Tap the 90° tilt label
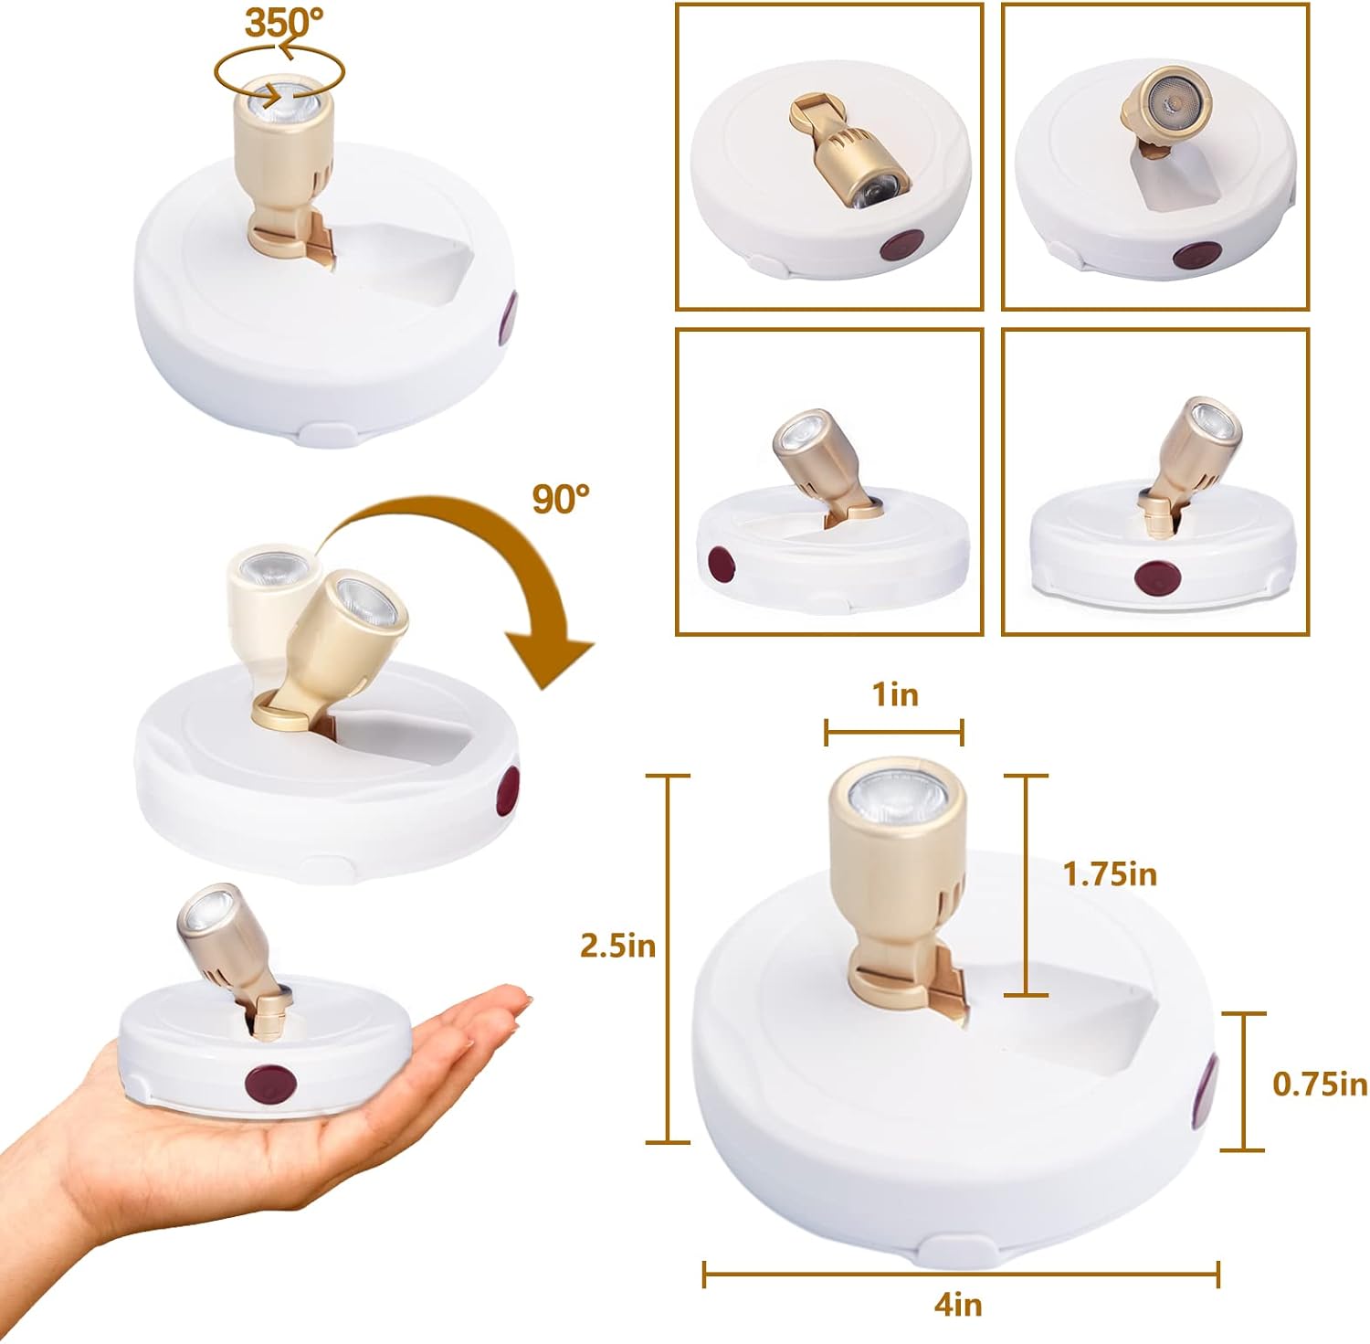(x=561, y=499)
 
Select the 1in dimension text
(x=895, y=694)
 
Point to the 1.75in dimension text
(x=1110, y=874)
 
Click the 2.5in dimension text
(x=618, y=946)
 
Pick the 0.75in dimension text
(x=1320, y=1084)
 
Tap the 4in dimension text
(x=958, y=1305)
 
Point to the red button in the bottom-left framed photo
(x=722, y=564)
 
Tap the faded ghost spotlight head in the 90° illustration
(x=265, y=594)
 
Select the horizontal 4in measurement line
(x=961, y=1274)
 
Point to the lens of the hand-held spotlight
(x=202, y=912)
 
